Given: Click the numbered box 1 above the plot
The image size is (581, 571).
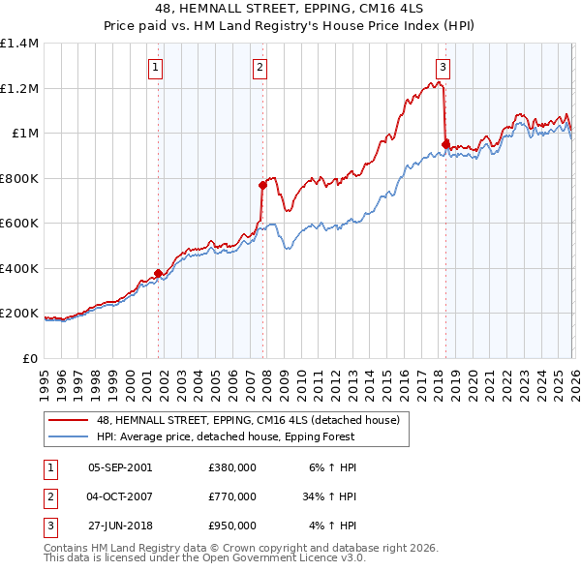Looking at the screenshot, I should pyautogui.click(x=157, y=67).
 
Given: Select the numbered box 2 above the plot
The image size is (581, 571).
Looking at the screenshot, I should pyautogui.click(x=260, y=67).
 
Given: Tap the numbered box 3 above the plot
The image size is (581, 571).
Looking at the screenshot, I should pyautogui.click(x=443, y=67).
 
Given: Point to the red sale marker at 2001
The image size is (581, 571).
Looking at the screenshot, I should pyautogui.click(x=158, y=274).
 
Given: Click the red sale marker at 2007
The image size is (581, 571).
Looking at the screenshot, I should pyautogui.click(x=262, y=185).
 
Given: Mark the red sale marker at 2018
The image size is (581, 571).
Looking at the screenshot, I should pyautogui.click(x=445, y=145).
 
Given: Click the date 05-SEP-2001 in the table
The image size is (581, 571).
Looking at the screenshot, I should pyautogui.click(x=120, y=467).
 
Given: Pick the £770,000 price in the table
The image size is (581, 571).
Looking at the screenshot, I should pyautogui.click(x=232, y=496).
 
